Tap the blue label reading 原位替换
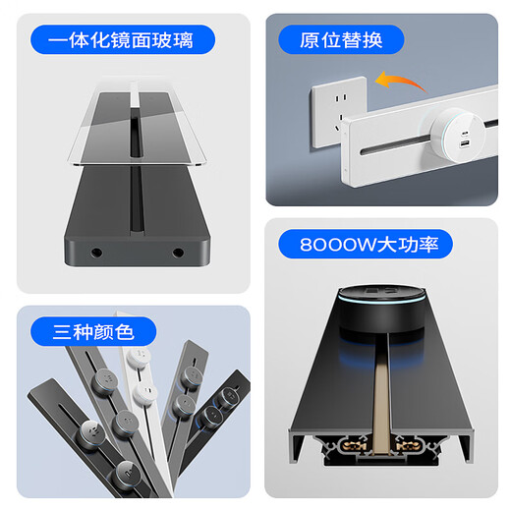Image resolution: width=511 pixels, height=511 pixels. [x=339, y=40]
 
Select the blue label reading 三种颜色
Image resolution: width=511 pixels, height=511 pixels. [x=82, y=331]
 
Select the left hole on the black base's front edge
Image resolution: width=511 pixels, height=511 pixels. [x=97, y=253]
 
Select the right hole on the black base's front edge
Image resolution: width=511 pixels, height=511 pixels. [x=178, y=253]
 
